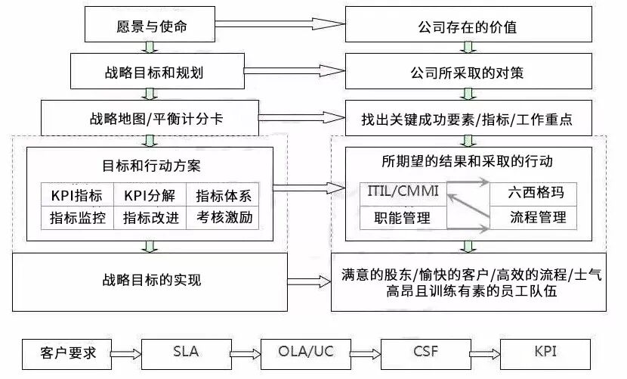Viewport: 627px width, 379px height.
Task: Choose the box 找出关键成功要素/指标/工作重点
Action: click(x=468, y=119)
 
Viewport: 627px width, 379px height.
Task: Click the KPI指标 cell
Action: click(x=78, y=195)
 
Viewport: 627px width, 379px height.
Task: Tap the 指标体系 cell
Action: click(x=223, y=195)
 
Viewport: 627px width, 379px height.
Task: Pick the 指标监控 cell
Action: click(x=78, y=218)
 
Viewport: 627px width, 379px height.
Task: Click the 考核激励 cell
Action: click(x=223, y=218)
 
